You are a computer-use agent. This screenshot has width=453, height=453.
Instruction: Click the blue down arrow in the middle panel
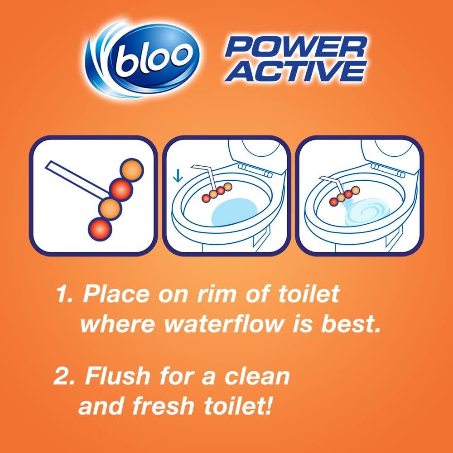pos(178,175)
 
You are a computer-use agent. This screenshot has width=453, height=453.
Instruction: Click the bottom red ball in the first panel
pos(99,228)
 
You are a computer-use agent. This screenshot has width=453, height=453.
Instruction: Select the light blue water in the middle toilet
pos(235,213)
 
